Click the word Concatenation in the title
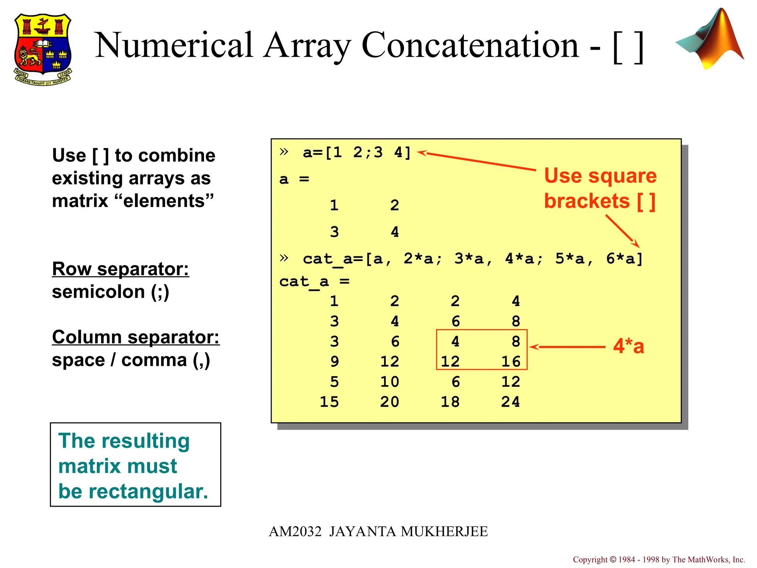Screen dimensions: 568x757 click(x=470, y=45)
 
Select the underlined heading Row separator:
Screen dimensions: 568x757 click(x=120, y=269)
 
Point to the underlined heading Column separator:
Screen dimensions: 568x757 click(x=136, y=337)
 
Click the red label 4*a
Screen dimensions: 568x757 click(x=628, y=346)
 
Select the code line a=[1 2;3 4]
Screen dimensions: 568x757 click(x=356, y=152)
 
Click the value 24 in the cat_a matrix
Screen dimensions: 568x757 click(x=510, y=402)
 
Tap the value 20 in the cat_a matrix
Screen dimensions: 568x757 click(x=390, y=402)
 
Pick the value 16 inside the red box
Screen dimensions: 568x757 click(x=510, y=361)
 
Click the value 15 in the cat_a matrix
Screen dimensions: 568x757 click(x=329, y=402)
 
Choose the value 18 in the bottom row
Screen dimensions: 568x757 click(x=450, y=402)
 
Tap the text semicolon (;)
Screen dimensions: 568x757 click(x=111, y=292)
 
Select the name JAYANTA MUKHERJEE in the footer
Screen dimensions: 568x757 click(x=408, y=531)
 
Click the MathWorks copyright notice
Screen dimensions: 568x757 click(x=659, y=559)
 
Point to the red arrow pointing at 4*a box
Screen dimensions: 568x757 click(x=567, y=347)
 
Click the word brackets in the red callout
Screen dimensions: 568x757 click(x=587, y=201)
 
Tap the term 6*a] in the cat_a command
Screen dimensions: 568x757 click(x=624, y=259)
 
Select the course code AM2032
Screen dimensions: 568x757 click(x=295, y=531)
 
